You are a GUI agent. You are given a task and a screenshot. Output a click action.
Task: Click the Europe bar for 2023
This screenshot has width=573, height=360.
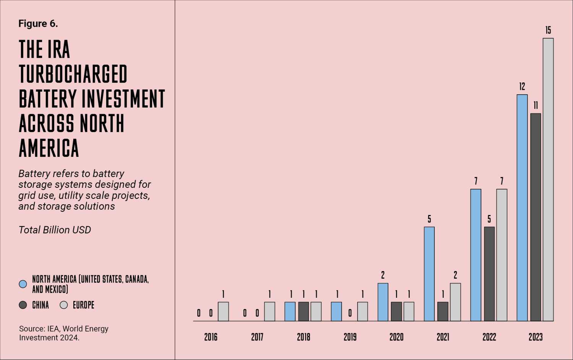coord(548,179)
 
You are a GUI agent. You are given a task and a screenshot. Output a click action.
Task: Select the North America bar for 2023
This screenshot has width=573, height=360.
coord(522,208)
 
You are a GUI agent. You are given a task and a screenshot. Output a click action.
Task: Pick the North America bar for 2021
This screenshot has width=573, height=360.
coord(429,274)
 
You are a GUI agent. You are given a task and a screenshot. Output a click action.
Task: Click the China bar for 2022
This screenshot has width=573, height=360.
coord(489,274)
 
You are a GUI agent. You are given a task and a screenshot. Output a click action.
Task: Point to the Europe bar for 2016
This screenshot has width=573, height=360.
coord(223,311)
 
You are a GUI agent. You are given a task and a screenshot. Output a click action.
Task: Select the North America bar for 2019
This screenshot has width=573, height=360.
coord(336,311)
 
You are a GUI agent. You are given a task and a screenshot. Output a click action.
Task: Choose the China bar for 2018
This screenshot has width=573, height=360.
coord(303,311)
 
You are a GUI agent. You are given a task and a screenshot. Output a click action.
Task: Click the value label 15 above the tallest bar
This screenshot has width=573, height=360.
coord(548,30)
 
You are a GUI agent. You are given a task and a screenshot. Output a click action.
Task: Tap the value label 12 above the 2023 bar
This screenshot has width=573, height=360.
coord(522,87)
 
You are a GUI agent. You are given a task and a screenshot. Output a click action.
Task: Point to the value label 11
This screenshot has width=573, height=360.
coord(536,105)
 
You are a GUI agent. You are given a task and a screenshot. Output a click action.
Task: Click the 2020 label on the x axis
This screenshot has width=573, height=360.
coord(396,337)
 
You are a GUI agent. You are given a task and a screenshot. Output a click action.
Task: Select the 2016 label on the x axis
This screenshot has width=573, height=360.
coord(210,337)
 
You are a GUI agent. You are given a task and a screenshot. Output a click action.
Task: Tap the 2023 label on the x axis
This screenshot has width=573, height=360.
coord(535,337)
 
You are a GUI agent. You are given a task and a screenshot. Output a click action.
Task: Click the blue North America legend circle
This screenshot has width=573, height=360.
coord(23,284)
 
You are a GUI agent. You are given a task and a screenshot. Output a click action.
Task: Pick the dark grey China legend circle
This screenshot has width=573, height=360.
coord(23,305)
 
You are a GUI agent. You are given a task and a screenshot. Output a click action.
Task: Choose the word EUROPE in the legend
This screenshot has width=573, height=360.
coord(83,305)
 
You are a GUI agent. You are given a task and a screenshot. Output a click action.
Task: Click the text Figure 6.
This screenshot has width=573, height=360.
coord(38,24)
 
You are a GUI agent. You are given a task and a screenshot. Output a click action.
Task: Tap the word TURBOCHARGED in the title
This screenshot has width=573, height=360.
coord(73,74)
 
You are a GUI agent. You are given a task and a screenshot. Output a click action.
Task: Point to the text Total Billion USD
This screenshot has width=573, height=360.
coord(55,230)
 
